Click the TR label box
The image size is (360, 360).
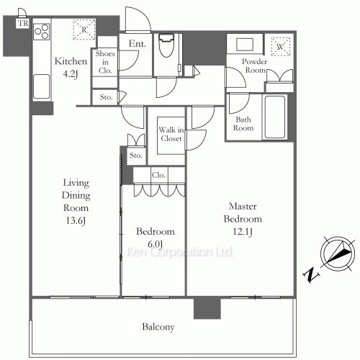point(22,23)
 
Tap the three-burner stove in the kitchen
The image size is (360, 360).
point(42,32)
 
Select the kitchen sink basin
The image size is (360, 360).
point(41,86)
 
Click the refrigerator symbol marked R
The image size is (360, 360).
point(84,30)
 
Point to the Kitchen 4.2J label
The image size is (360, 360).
point(71,68)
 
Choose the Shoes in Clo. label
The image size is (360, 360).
point(105,62)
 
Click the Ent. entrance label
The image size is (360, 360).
point(137,43)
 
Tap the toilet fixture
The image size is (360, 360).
point(166,45)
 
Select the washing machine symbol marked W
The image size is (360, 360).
point(280,46)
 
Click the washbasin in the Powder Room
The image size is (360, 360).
point(245,45)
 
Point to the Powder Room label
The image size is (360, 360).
point(254,66)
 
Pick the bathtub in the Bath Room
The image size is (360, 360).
point(275,117)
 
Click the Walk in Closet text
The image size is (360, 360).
point(171,134)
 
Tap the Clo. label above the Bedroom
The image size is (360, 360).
point(158,175)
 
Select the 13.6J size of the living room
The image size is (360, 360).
point(76,220)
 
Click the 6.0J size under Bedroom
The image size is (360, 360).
point(155,244)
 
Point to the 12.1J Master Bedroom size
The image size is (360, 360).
point(243,232)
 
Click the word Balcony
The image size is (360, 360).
point(158,327)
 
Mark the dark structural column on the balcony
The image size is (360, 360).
point(207,308)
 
